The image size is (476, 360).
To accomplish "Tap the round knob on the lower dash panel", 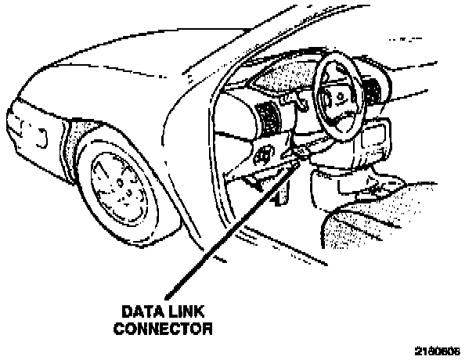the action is (264, 153).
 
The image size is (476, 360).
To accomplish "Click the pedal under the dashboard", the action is (252, 182).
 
